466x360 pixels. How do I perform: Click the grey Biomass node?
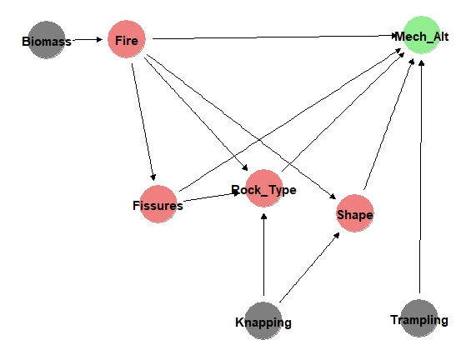coord(47,40)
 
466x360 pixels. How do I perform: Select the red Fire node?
coord(127,39)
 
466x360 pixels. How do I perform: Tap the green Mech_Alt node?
coord(421,35)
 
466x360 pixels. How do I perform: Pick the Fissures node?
coord(158,204)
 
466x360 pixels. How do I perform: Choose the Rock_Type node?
coord(264,188)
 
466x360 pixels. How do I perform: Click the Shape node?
coord(355,213)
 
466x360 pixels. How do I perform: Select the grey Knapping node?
coord(263,321)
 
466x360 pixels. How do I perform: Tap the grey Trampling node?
coord(419,318)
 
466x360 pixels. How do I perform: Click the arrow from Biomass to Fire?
coord(87,39)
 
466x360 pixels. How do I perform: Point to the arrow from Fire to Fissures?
coord(143,122)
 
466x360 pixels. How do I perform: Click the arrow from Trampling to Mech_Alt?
coord(420,177)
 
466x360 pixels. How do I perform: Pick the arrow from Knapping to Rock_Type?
coord(263,254)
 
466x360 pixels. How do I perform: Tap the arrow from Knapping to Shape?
coord(309,267)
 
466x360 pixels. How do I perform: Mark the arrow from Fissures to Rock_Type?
coord(212,197)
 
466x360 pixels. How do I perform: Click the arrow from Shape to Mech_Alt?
coord(388,124)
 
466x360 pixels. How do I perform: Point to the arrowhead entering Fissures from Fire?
coord(153,177)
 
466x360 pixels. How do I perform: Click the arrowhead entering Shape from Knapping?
coord(337,236)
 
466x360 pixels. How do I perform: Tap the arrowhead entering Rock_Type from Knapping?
coord(263,217)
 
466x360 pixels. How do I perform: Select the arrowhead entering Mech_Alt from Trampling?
coord(421,63)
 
